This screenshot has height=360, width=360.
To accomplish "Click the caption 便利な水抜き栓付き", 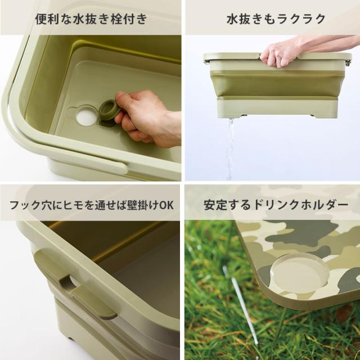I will click(x=91, y=19).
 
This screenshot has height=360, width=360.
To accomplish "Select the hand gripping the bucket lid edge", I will click(x=281, y=52).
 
